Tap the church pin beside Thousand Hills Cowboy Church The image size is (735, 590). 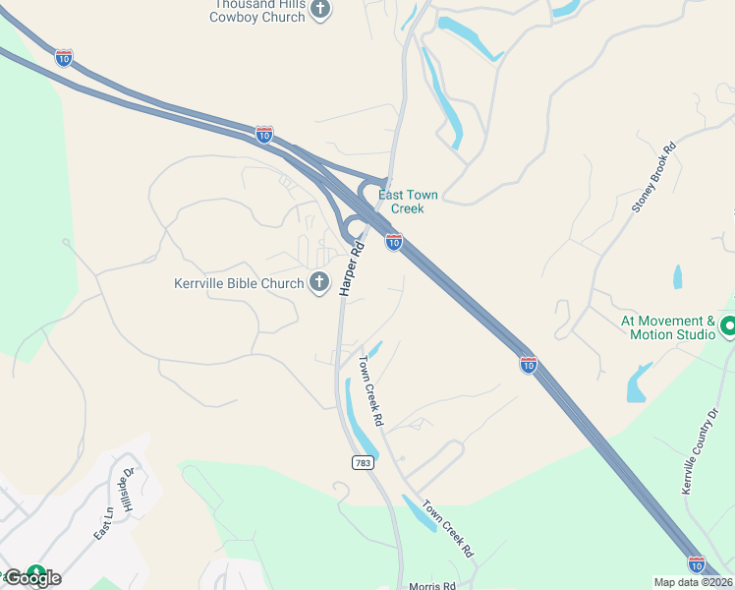coord(319,9)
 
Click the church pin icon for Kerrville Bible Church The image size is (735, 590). coord(318,283)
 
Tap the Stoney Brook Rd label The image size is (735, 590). coord(655,180)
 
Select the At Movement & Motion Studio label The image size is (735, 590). coord(668,327)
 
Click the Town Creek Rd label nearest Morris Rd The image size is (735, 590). coord(448,529)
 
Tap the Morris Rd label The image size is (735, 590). coord(432,585)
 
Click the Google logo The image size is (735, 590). coord(32,577)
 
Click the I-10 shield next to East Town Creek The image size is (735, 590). coord(393,241)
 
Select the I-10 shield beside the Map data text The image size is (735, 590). coord(696,563)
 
